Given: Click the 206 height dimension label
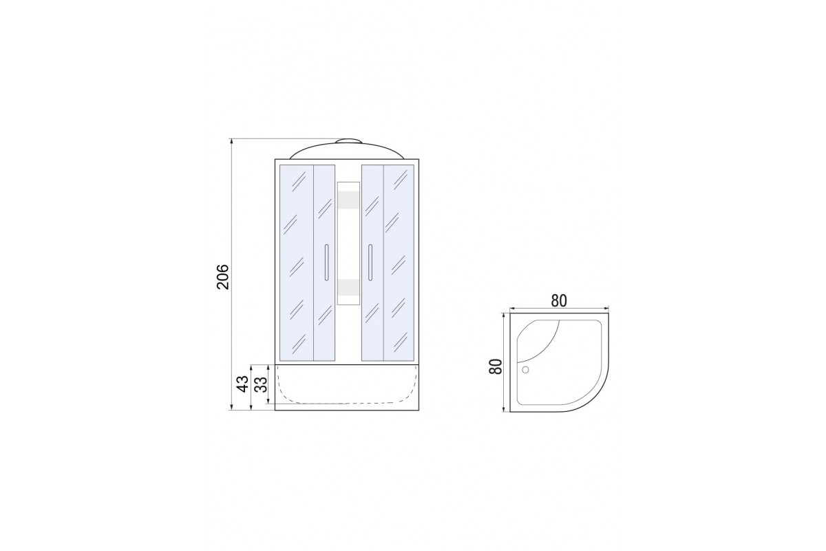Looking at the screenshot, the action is tap(223, 277).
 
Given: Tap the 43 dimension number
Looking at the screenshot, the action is tap(242, 384).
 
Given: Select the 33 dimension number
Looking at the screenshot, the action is tap(261, 384).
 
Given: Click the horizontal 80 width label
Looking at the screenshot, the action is tap(559, 301).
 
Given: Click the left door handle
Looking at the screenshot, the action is tap(326, 262).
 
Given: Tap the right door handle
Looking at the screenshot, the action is tap(370, 262).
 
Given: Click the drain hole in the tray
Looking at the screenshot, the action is tap(525, 369).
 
